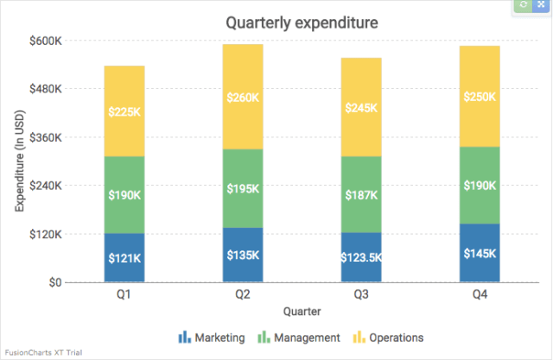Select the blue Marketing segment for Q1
pos(124,257)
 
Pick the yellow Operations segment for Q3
pos(361,107)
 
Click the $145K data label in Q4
pos(480,253)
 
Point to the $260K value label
pos(243,98)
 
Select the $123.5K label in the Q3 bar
pos(361,257)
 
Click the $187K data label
pos(361,195)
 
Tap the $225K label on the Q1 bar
pos(124,111)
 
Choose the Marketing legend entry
pos(212,337)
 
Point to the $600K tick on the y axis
pos(46,41)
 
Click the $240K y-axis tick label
pos(46,186)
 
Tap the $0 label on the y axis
pos(54,282)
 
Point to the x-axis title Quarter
pos(302,310)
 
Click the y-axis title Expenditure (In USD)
pos(19,161)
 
